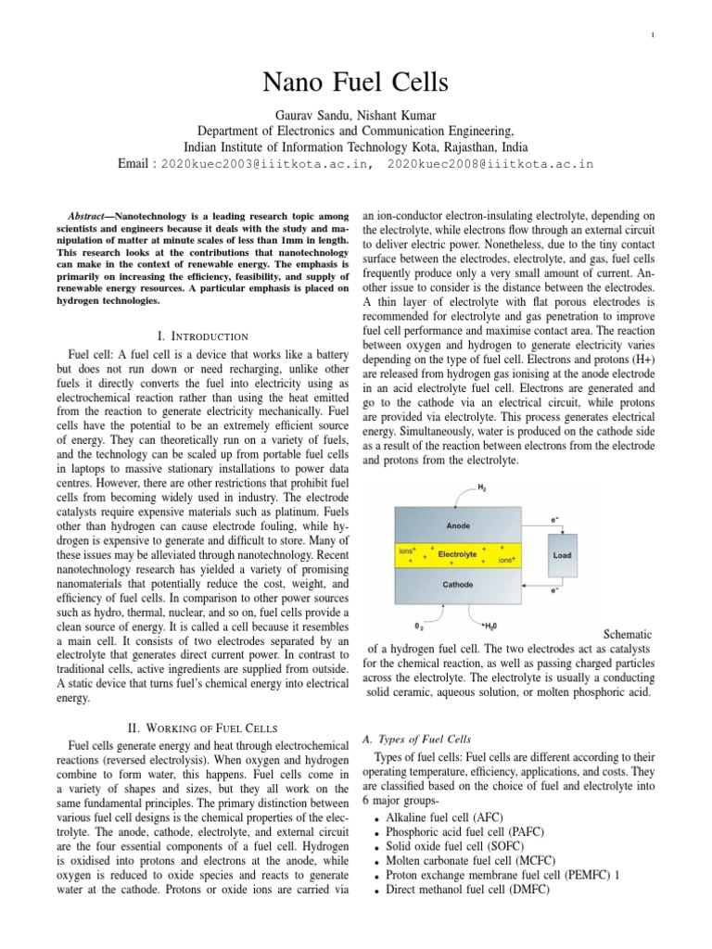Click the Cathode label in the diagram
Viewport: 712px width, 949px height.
click(x=458, y=585)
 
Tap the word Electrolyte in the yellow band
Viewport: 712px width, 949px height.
click(x=457, y=554)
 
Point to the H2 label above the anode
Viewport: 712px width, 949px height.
click(x=480, y=487)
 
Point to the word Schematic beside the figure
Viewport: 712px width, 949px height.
click(x=628, y=634)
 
